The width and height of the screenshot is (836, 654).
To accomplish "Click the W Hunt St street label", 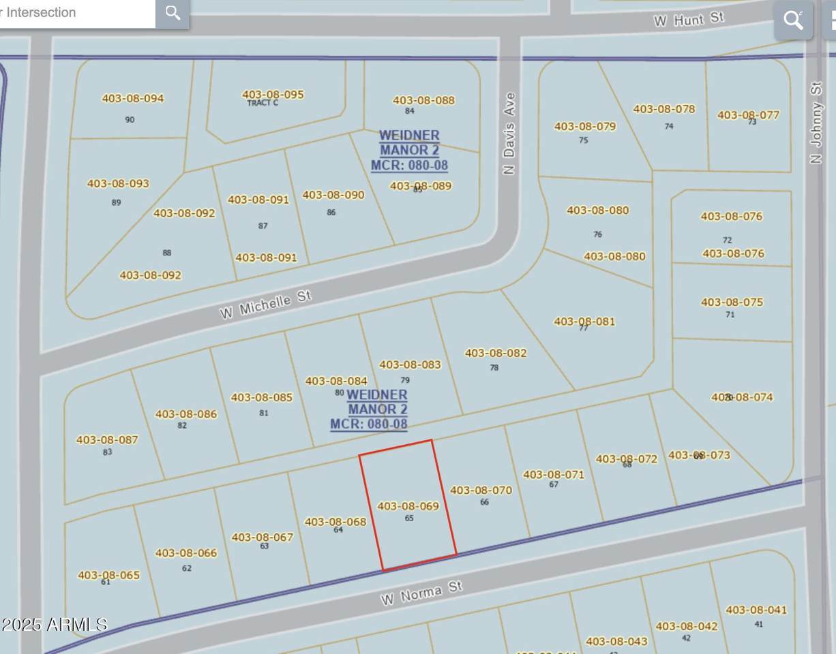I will [x=689, y=19].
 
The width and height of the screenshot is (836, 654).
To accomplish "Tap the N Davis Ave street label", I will [x=509, y=134].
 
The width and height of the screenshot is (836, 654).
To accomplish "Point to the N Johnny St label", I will [x=816, y=123].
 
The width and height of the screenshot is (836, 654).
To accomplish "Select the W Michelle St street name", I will [x=265, y=305].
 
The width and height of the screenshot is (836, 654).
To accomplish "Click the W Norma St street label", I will [x=421, y=593].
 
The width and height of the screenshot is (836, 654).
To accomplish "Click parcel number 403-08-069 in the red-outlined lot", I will [x=408, y=506].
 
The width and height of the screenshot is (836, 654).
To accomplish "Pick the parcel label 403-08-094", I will [x=133, y=98].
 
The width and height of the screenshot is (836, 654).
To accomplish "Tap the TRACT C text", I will [x=263, y=104].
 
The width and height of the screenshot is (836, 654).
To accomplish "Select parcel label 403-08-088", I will [x=423, y=100].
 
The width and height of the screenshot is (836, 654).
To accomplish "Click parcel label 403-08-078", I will [x=664, y=109].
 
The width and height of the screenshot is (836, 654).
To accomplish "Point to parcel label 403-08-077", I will [x=748, y=115].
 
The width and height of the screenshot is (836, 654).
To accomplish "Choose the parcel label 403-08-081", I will [x=584, y=322].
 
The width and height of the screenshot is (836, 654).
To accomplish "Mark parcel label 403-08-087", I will [x=107, y=440].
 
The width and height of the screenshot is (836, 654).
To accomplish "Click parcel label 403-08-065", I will [x=108, y=575].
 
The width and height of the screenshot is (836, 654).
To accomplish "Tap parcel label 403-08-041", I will [x=756, y=610].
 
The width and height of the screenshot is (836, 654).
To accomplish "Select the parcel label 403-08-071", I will [x=554, y=474].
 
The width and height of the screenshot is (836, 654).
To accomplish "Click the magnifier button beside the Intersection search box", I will [x=173, y=13].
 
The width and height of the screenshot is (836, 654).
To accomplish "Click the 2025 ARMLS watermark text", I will [x=54, y=624].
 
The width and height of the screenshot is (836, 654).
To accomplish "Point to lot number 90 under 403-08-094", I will [x=130, y=120].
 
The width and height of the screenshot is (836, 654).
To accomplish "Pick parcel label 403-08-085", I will [x=262, y=397].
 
